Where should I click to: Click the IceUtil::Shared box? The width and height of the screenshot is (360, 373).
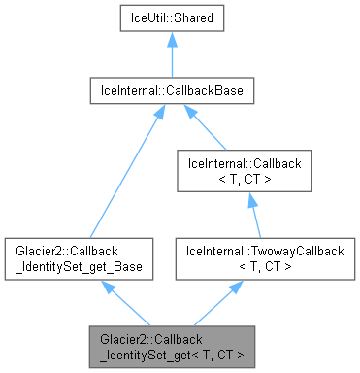(x=172, y=17)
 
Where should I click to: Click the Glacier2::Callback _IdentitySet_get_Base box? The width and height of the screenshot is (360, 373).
(x=77, y=257)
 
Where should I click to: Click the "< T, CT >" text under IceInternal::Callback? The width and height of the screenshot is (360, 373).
(x=250, y=180)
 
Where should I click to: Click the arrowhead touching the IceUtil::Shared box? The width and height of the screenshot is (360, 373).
(x=172, y=40)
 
